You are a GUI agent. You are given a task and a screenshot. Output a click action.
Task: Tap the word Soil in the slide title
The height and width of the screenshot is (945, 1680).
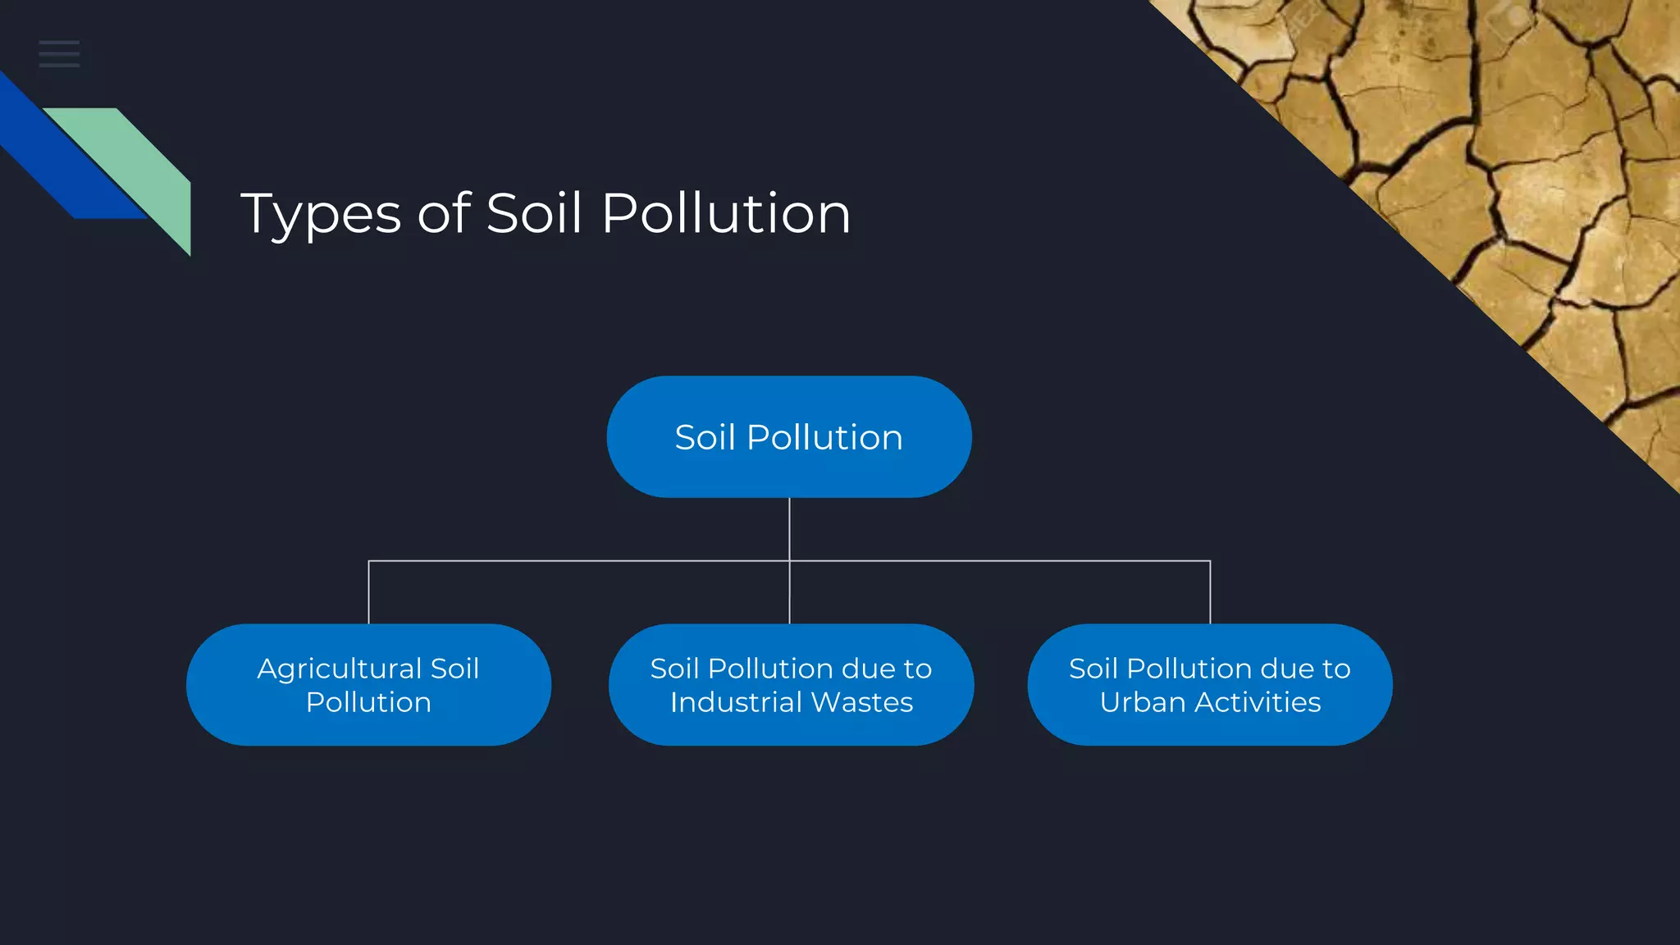534,213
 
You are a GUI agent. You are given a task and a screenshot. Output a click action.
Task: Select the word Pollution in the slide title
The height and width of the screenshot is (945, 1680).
726,213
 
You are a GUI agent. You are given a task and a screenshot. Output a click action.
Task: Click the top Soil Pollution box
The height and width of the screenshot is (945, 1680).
789,437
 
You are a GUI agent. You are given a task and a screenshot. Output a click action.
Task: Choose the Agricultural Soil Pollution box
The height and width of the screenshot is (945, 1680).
368,685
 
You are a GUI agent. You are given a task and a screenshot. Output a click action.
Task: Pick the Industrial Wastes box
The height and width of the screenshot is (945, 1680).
791,685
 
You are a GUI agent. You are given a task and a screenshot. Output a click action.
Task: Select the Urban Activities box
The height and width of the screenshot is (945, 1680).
1210,685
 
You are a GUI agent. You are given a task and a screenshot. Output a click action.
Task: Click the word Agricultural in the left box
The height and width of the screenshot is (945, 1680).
339,669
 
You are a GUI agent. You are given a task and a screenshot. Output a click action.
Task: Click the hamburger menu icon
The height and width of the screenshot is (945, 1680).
59,54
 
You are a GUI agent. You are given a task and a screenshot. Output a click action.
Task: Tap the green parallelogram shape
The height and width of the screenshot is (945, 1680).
139,164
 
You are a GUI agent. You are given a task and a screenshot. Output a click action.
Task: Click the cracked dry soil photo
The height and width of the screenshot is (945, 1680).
1518,164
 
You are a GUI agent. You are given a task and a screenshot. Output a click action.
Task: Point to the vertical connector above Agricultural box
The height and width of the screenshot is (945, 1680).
369,592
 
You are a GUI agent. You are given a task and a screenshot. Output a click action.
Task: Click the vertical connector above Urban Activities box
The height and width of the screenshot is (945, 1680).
1210,592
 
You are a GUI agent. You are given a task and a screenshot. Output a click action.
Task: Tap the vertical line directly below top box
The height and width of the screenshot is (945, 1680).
789,529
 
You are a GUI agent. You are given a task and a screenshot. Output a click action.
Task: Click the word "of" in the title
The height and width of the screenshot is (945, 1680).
444,213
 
